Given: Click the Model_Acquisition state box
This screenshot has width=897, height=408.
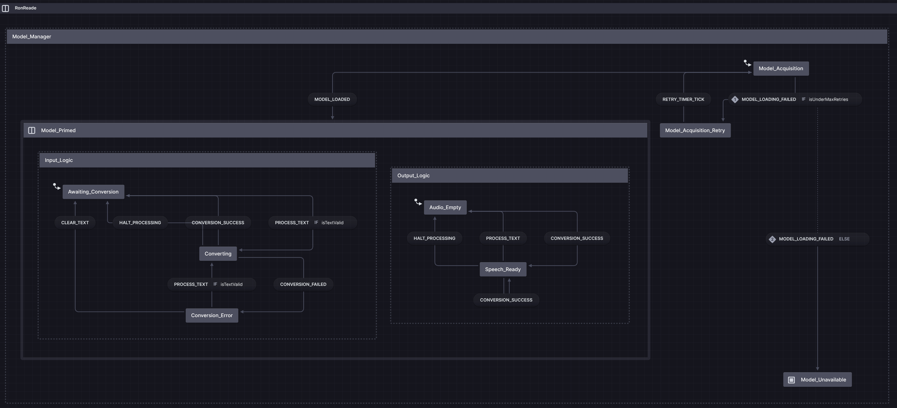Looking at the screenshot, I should click(x=781, y=68).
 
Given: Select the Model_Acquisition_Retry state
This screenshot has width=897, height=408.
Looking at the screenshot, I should click(x=695, y=130).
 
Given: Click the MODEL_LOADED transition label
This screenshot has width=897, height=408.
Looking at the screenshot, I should click(x=332, y=99).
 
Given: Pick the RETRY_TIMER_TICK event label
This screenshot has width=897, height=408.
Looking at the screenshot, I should click(x=683, y=99).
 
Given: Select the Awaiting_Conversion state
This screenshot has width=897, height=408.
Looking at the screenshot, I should click(x=93, y=192).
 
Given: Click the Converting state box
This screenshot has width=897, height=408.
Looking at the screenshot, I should click(x=218, y=254).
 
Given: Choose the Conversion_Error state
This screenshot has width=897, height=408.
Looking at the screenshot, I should click(x=211, y=315).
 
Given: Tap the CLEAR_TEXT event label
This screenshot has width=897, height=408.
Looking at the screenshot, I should click(x=75, y=223).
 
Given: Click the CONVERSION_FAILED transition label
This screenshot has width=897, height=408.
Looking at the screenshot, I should click(x=303, y=284).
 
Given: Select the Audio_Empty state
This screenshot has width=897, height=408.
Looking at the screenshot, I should click(x=445, y=208).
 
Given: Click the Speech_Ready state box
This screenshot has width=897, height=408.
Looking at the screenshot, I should click(x=503, y=270).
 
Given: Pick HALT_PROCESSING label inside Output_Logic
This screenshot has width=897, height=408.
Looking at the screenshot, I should click(x=434, y=238).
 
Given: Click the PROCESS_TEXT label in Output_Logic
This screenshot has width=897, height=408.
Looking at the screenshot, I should click(x=503, y=238).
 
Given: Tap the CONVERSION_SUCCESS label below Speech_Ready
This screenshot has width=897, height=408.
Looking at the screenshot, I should click(x=505, y=300).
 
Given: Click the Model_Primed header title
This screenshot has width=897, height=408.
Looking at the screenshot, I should click(x=58, y=130).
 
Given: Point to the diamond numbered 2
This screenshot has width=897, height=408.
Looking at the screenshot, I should click(x=772, y=239).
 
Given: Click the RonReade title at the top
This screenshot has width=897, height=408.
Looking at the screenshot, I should click(x=25, y=8).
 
